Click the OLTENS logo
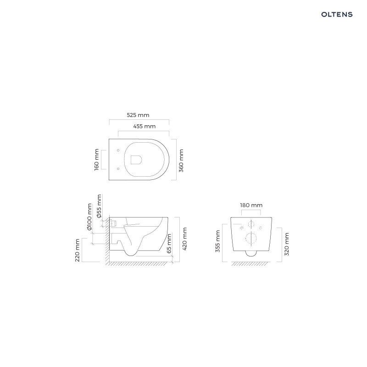[336, 14]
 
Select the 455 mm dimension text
[144, 126]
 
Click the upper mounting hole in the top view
[118, 150]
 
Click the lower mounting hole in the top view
[118, 169]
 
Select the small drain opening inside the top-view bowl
[136, 159]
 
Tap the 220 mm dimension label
[78, 250]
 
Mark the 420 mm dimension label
[184, 239]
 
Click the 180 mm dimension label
[251, 205]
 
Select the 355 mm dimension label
[218, 241]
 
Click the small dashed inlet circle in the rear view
[251, 224]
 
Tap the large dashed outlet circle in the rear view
[251, 238]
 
